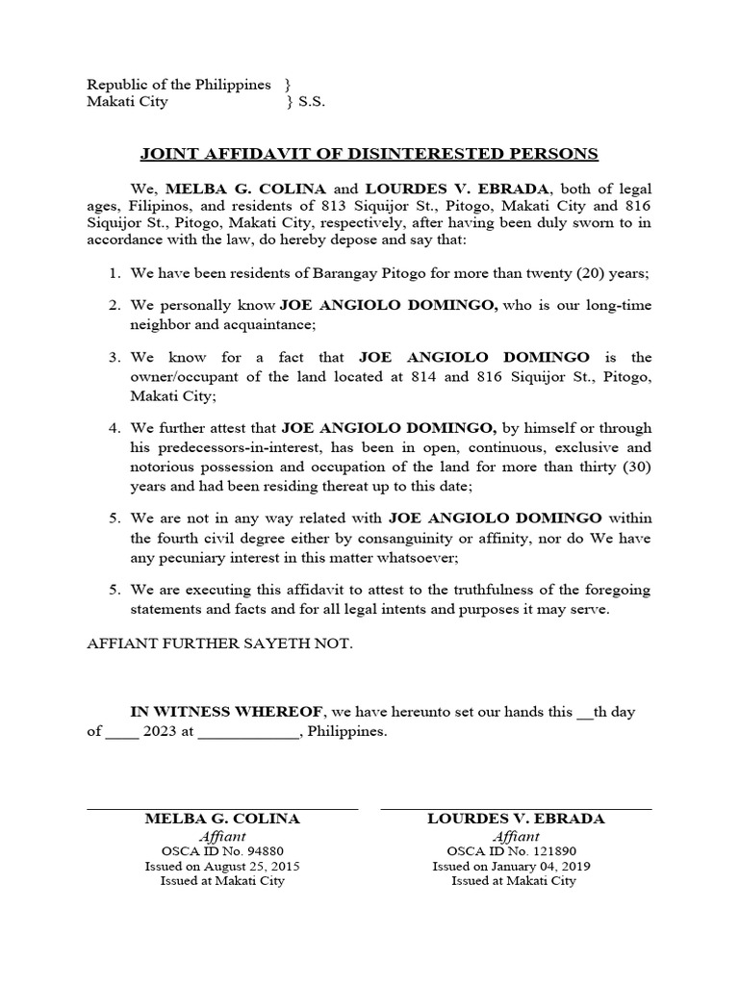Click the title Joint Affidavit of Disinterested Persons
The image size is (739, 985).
pyautogui.click(x=369, y=154)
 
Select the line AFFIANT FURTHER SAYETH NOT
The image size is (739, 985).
pyautogui.click(x=220, y=643)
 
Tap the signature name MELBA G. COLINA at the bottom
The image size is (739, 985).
pyautogui.click(x=222, y=819)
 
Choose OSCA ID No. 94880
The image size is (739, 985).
pyautogui.click(x=222, y=851)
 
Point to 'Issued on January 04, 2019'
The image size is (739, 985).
pyautogui.click(x=512, y=866)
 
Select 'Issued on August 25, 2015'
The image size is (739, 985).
pyautogui.click(x=222, y=866)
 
